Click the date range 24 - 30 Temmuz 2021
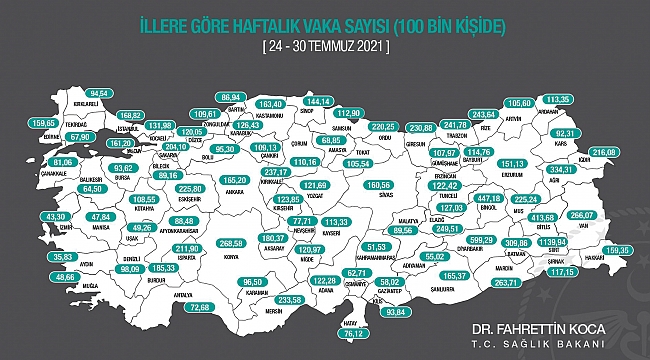324,47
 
